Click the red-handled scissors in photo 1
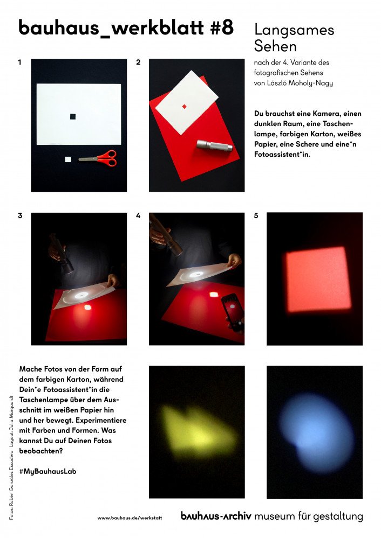98,158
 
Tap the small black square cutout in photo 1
73,117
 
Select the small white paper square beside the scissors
68,159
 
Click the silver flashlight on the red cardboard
215,145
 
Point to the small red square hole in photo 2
185,107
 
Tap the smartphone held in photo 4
233,312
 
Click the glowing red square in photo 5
318,280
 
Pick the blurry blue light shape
316,433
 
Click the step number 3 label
20,215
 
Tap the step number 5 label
256,215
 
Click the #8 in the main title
222,27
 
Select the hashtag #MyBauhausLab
48,471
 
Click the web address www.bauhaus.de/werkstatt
130,518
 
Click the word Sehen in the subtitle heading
275,46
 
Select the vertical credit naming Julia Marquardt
11,421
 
